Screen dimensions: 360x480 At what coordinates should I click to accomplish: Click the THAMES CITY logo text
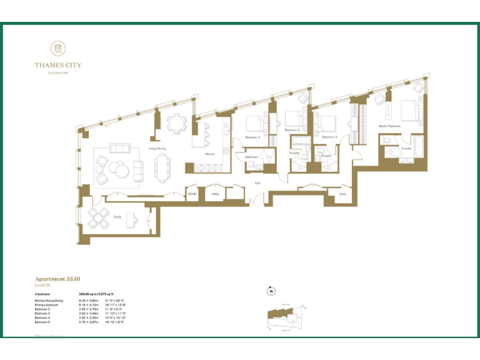[x=57, y=65]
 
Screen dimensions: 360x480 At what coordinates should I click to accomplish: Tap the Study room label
[x=117, y=217]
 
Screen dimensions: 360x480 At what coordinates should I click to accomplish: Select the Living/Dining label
[x=156, y=149]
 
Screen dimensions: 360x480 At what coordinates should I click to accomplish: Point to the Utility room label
[x=214, y=194]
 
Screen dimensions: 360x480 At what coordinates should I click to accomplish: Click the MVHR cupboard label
[x=192, y=194]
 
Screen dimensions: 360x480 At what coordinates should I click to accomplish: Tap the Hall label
[x=257, y=182]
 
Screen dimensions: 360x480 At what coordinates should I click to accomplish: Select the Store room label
[x=342, y=194]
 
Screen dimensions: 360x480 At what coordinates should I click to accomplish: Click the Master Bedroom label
[x=389, y=126]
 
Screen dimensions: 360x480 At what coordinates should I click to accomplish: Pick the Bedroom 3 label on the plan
[x=329, y=136]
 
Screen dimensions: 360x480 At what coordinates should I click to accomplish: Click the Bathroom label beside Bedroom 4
[x=252, y=157]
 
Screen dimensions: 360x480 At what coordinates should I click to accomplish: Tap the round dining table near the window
[x=177, y=122]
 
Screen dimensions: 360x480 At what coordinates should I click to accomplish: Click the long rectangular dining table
[x=162, y=167]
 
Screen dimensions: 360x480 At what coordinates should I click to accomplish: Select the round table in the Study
[x=99, y=218]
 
